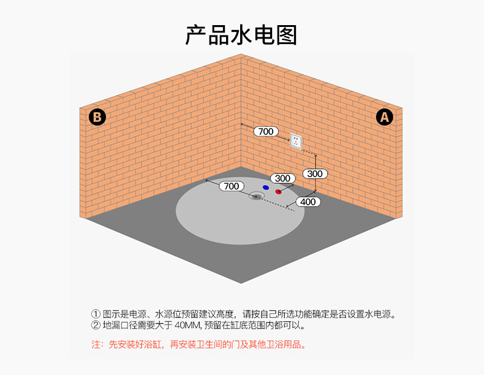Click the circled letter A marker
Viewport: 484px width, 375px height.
click(385, 116)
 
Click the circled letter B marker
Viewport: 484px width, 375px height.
click(97, 116)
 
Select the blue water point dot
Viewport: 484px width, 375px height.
click(265, 186)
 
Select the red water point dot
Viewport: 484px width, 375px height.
click(279, 192)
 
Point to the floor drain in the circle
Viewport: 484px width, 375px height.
click(257, 196)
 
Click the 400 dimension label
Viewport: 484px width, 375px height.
click(308, 202)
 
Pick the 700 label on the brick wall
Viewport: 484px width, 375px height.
click(265, 131)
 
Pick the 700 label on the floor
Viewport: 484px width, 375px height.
click(231, 186)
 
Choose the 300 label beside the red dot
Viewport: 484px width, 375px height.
click(282, 178)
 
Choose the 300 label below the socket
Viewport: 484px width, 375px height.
click(314, 174)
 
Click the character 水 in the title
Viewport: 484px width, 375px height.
click(241, 35)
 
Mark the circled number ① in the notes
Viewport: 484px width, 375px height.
click(96, 314)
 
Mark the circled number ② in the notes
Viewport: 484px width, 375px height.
click(96, 325)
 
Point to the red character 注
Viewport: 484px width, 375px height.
click(96, 345)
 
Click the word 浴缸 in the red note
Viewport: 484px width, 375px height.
click(153, 345)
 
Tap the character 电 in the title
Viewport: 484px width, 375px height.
click(263, 35)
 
